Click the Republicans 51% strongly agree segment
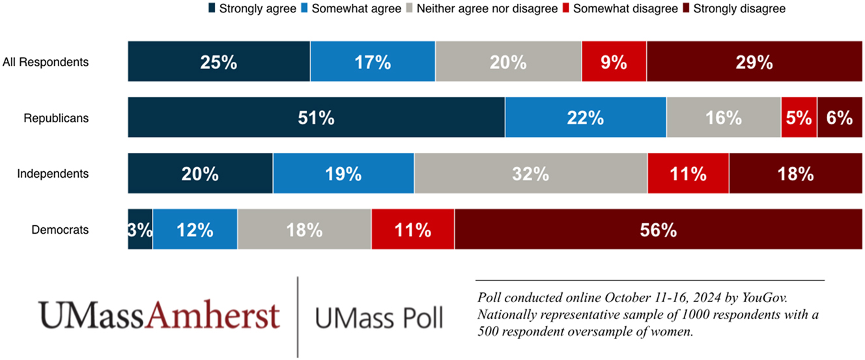tap(316, 118)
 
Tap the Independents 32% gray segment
tap(530, 174)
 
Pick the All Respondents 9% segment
tap(614, 62)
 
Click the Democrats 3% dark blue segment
tap(140, 229)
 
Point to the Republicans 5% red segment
tap(799, 118)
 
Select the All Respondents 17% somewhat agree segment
tap(373, 62)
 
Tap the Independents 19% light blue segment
tap(343, 174)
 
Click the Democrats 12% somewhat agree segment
tap(195, 229)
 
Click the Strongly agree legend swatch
tap(212, 9)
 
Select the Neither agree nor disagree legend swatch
tap(408, 9)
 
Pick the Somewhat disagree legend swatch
tap(565, 9)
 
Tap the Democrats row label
tap(60, 229)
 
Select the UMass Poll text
tap(378, 318)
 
